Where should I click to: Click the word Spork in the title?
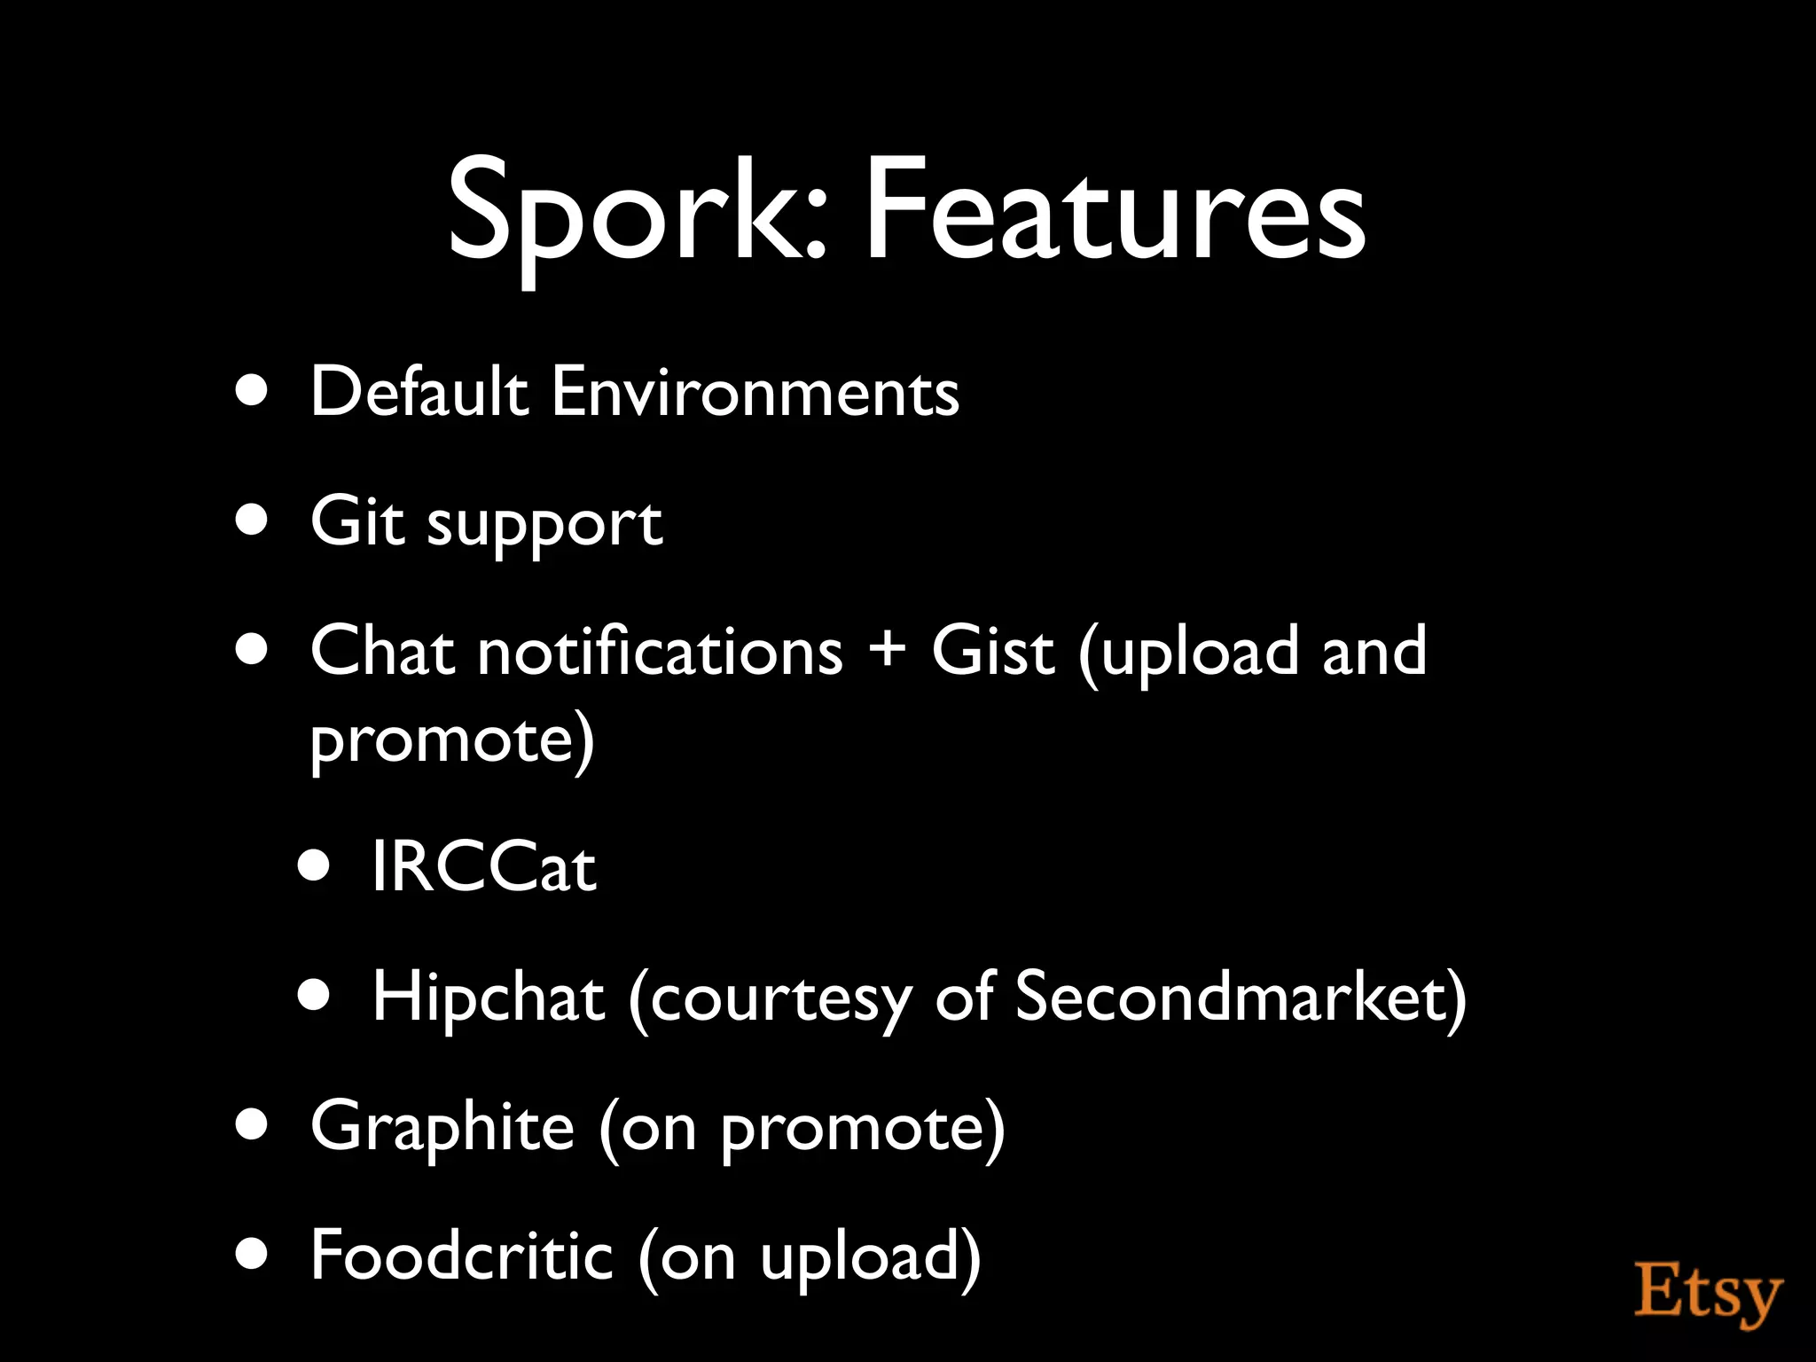636,213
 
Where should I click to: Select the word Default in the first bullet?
419,391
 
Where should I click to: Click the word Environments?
755,391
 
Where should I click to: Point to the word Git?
356,521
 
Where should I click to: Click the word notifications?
661,652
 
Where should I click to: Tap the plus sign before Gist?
887,650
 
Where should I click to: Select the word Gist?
993,652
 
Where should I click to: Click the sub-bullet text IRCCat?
483,866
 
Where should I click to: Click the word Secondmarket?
1229,997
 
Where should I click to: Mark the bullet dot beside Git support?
253,521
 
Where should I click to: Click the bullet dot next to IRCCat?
314,866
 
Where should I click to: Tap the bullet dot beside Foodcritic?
253,1256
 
